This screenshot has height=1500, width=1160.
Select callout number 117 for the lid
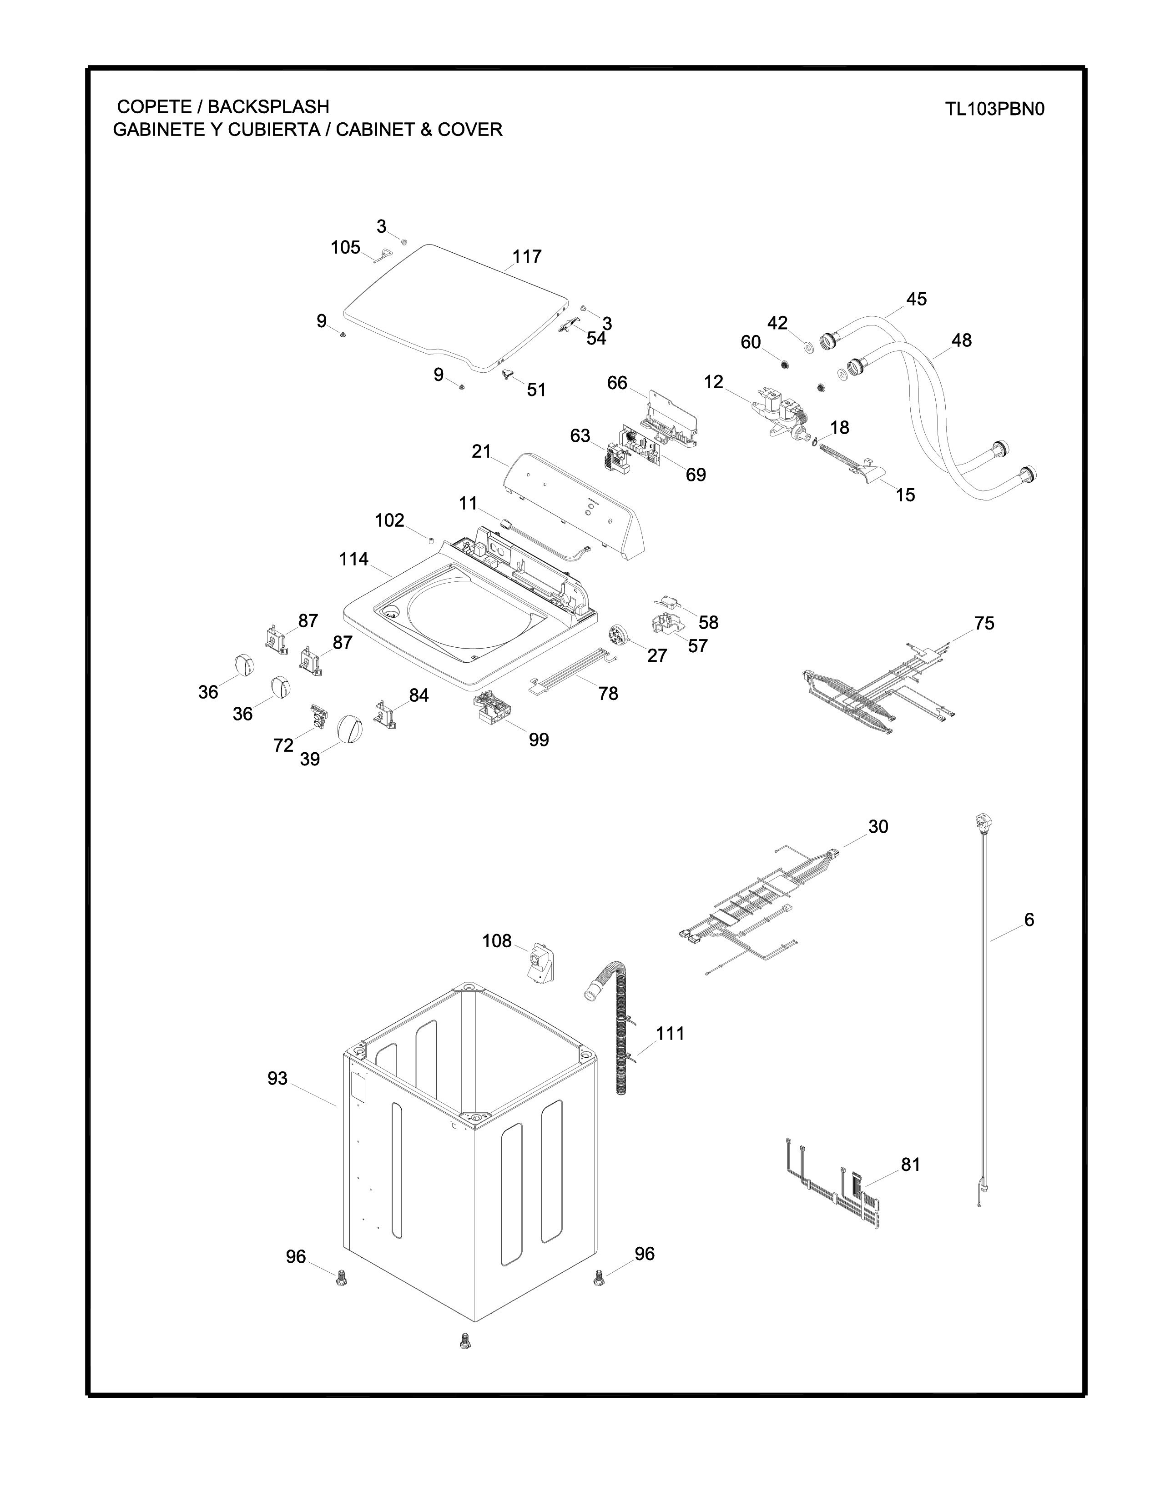pos(526,257)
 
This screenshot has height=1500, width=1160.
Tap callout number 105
pos(346,247)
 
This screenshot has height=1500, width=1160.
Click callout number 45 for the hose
pos(916,300)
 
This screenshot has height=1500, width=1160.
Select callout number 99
pos(539,740)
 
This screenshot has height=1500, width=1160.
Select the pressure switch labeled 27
pos(620,635)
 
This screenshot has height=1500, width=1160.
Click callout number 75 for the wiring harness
pos(984,624)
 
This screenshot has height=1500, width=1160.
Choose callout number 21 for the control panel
pos(482,452)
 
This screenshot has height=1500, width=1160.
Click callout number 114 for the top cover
pos(354,560)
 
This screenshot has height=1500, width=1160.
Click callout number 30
pos(878,827)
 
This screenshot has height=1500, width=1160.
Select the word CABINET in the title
pos(375,129)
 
